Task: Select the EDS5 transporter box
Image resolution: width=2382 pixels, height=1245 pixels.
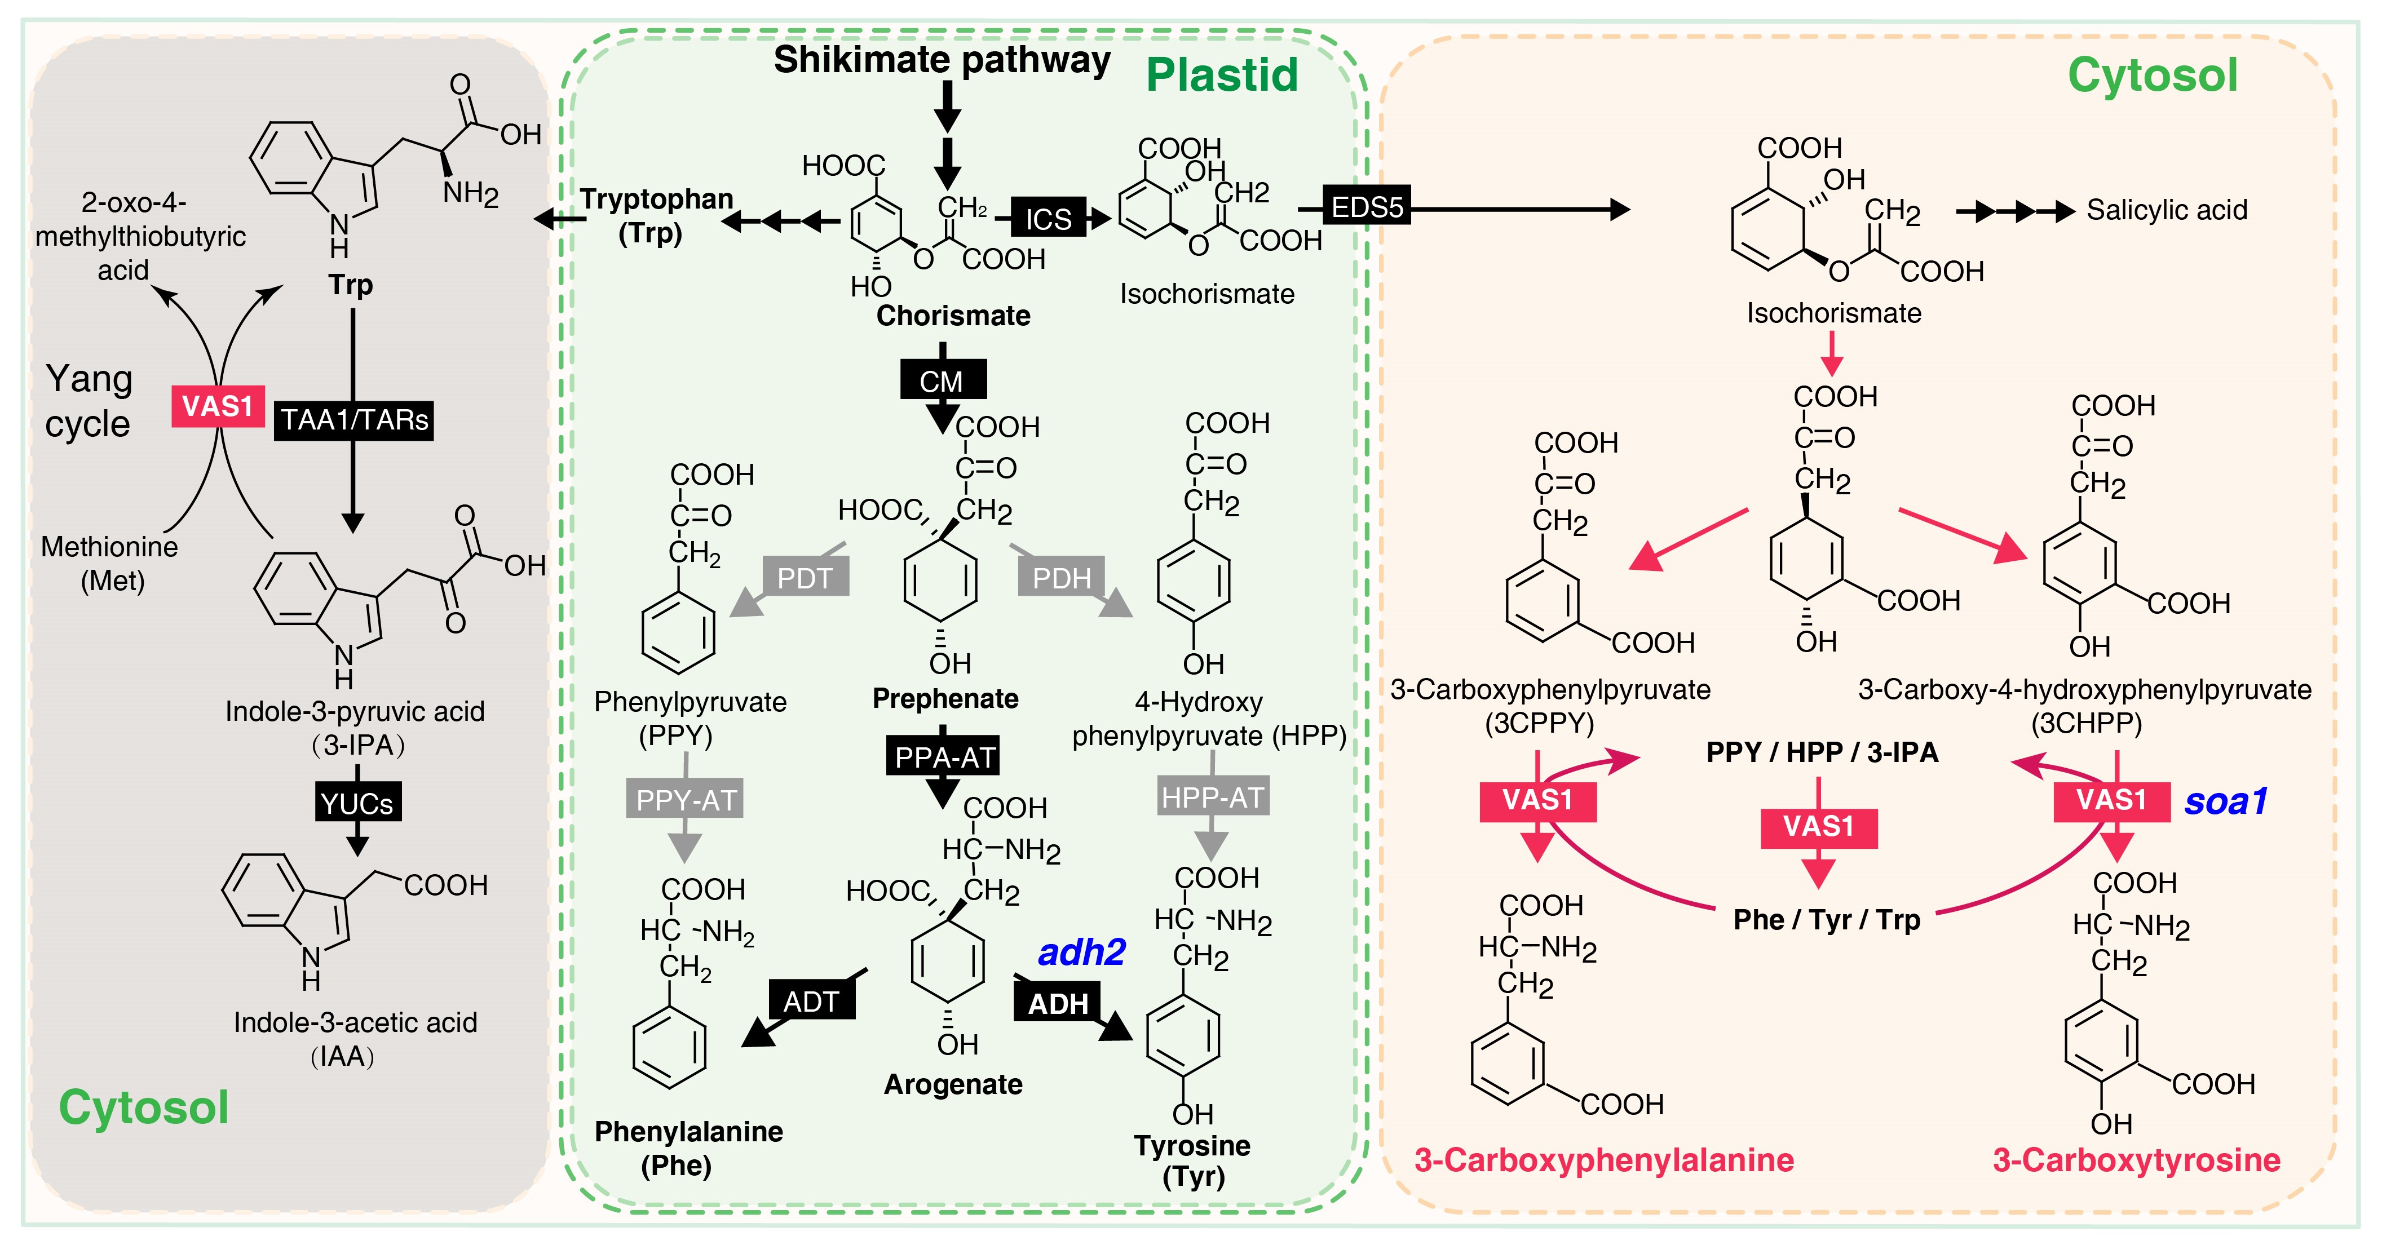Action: point(1367,207)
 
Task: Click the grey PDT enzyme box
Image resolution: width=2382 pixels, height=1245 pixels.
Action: point(805,578)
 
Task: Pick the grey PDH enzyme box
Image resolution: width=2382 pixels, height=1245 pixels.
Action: point(1062,578)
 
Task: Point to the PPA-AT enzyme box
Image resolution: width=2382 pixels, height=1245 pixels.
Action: point(943,757)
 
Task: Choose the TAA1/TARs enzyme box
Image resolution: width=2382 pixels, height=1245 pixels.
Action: point(354,420)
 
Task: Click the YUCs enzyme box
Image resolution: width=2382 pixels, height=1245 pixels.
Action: point(357,802)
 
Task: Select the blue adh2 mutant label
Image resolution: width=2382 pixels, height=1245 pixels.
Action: point(1081,952)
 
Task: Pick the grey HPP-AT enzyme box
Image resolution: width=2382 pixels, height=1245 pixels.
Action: point(1212,797)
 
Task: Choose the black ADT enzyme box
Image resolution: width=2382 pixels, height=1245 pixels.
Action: point(811,1001)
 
